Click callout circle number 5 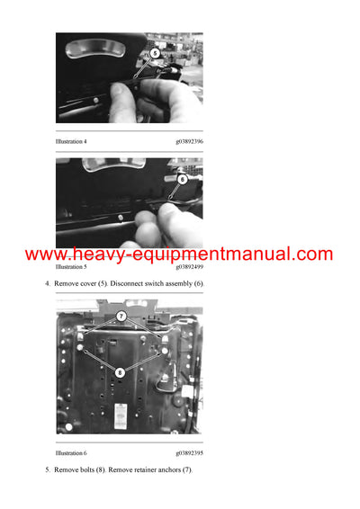[154, 54]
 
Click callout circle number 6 [182, 179]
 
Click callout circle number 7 [121, 316]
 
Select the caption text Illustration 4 [71, 141]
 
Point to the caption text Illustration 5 [71, 267]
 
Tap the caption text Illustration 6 [71, 453]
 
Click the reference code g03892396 [189, 141]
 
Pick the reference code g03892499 [189, 267]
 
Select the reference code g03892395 [189, 453]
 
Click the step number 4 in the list [47, 283]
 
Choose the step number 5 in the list [47, 470]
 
